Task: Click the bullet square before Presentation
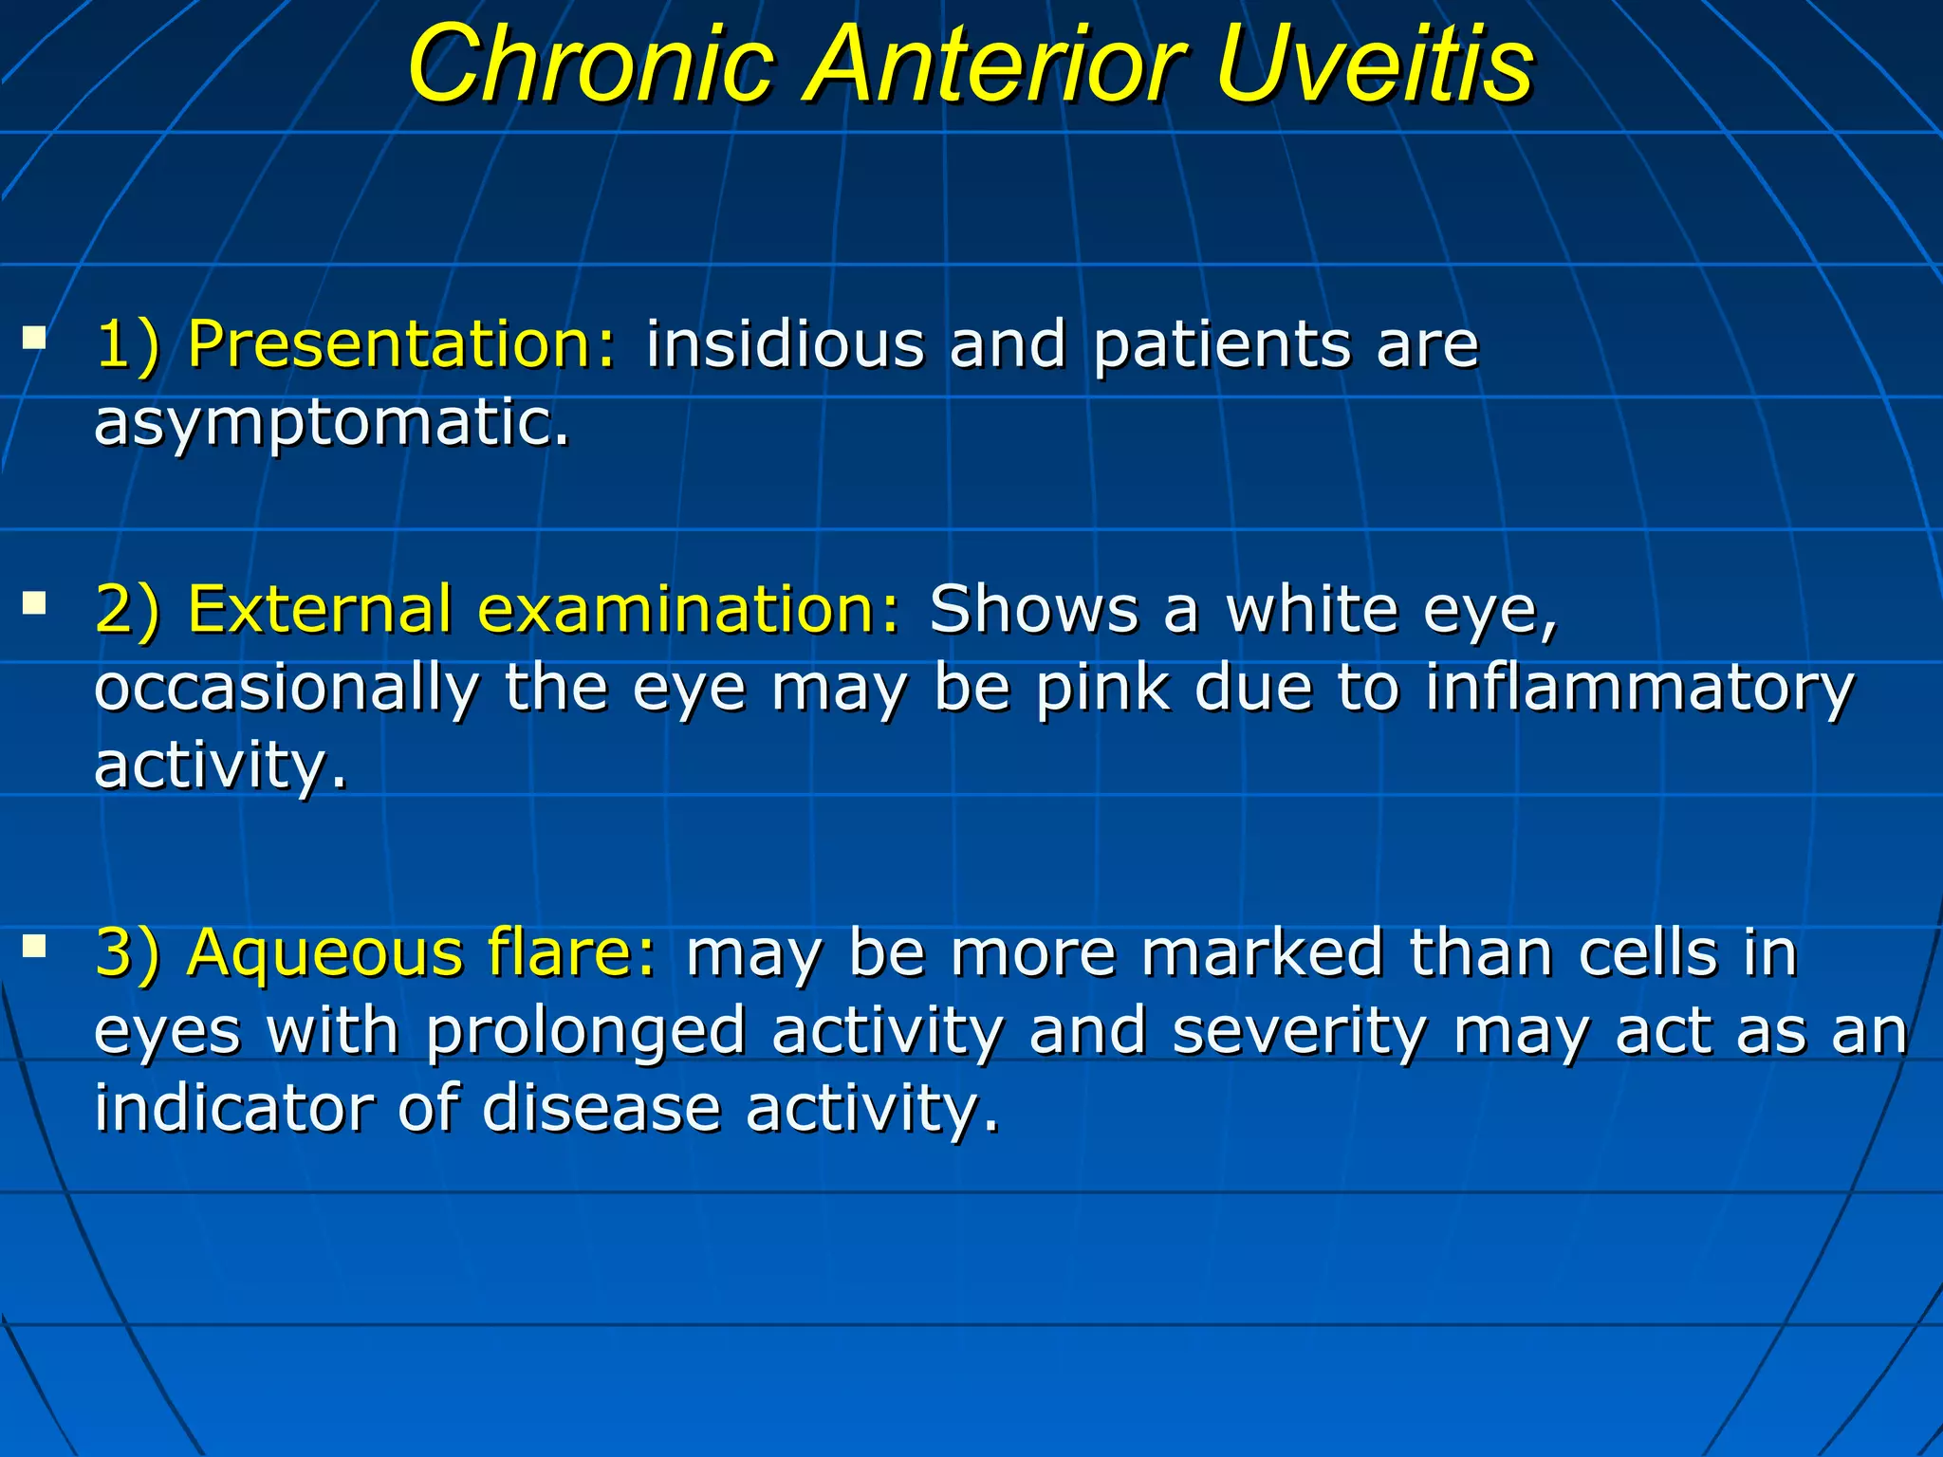click(x=35, y=336)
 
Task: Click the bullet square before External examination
click(x=35, y=602)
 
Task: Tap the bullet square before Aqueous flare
click(x=35, y=945)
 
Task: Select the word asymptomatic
click(x=332, y=422)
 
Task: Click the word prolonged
click(x=584, y=1031)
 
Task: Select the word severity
click(x=1300, y=1031)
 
